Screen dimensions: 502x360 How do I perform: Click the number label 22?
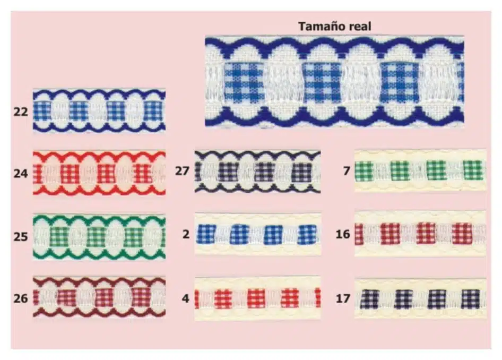[x=21, y=112]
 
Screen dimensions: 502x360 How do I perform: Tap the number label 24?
[x=21, y=173]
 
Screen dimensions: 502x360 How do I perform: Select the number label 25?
[x=21, y=237]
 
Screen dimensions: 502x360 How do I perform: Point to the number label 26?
[x=21, y=298]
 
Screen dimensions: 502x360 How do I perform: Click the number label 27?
[x=182, y=171]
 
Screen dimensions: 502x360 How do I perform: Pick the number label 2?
[x=186, y=234]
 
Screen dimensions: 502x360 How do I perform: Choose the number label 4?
[x=185, y=298]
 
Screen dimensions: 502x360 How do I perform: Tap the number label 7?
[x=347, y=171]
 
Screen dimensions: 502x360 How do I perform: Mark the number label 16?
[x=343, y=234]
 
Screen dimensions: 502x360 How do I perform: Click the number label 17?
[x=343, y=298]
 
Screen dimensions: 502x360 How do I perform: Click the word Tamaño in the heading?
[x=322, y=26]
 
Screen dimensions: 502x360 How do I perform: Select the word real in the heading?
[x=360, y=26]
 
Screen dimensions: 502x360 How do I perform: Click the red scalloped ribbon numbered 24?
[x=99, y=173]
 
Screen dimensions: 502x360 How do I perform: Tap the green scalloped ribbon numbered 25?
[x=99, y=237]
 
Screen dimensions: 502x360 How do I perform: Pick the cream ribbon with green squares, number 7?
[x=420, y=170]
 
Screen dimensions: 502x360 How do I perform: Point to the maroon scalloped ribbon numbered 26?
[x=99, y=297]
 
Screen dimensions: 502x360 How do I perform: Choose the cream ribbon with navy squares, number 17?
[x=420, y=299]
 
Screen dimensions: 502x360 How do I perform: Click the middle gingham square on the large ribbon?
[x=322, y=82]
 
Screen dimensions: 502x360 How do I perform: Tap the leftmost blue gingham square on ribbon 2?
[x=206, y=234]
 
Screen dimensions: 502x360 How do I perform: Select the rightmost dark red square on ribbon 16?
[x=462, y=234]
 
